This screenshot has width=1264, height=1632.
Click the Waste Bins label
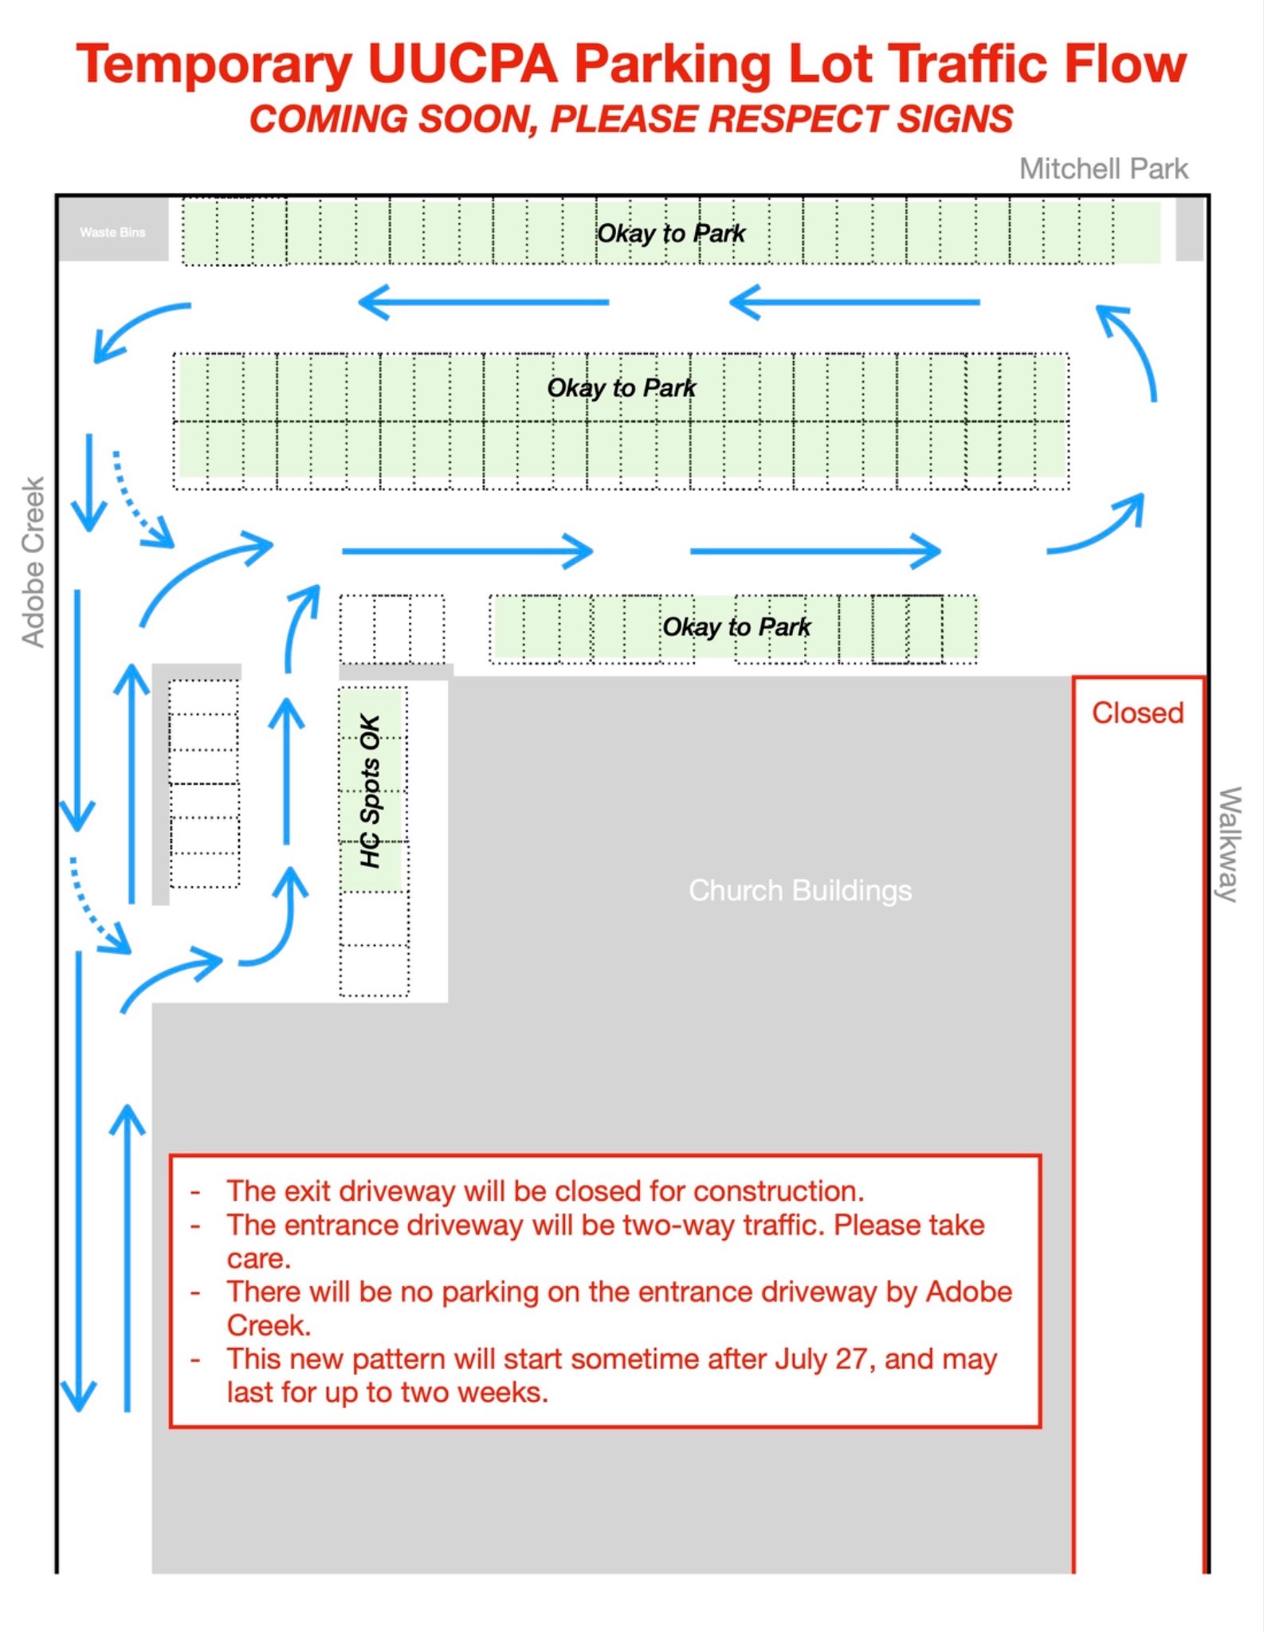tap(112, 233)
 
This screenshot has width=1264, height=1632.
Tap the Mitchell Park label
tap(1104, 169)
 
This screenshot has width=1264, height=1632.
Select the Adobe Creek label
tap(33, 563)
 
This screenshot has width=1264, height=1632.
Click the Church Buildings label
tap(800, 890)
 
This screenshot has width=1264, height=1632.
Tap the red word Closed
tap(1137, 712)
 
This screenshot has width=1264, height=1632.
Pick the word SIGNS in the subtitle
tap(955, 120)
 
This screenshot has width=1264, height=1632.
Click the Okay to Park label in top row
tap(671, 233)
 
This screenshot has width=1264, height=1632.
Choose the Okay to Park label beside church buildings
tap(736, 627)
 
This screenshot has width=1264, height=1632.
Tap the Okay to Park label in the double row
tap(622, 388)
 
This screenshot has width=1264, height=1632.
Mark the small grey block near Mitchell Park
tap(1189, 229)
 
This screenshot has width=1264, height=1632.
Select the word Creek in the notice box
tap(269, 1325)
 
